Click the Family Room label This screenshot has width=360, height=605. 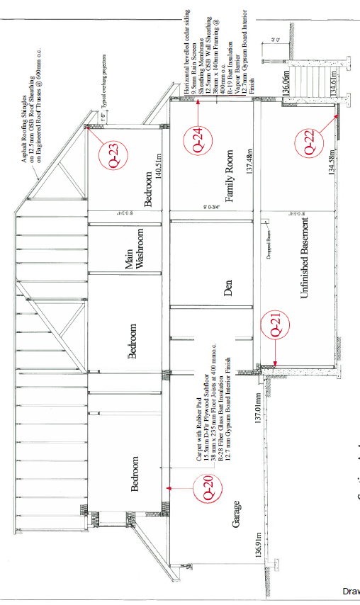230,182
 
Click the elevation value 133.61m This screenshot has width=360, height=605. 332,84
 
